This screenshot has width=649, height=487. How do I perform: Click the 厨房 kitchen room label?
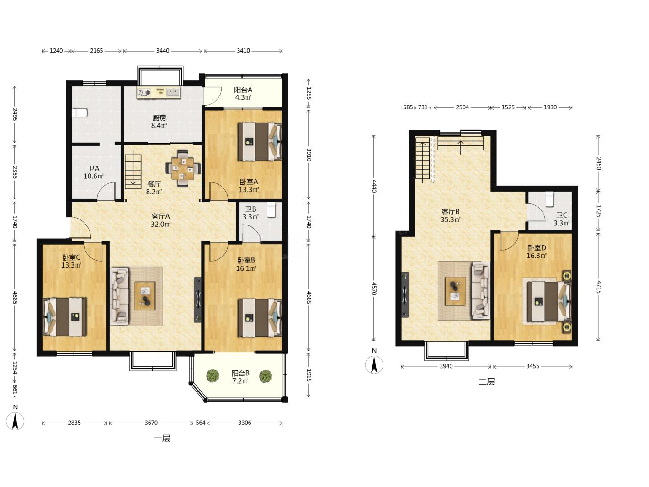pyautogui.click(x=159, y=118)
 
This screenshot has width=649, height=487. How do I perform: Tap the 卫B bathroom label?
pyautogui.click(x=250, y=209)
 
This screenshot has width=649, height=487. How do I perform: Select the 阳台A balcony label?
pyautogui.click(x=243, y=90)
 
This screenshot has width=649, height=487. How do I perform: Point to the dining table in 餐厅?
pyautogui.click(x=183, y=169)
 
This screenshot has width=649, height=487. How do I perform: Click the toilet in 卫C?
pyautogui.click(x=549, y=199)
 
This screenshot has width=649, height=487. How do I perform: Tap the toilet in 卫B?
pyautogui.click(x=271, y=209)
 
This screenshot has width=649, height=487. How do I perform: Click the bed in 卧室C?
pyautogui.click(x=65, y=317)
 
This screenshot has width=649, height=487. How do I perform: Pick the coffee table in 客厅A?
pyautogui.click(x=145, y=296)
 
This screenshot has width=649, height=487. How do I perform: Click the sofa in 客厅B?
pyautogui.click(x=481, y=290)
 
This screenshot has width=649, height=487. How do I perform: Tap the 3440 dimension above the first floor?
pyautogui.click(x=163, y=51)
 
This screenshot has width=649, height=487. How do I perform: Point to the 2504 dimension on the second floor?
pyautogui.click(x=462, y=107)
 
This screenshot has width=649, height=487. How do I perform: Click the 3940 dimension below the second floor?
pyautogui.click(x=446, y=366)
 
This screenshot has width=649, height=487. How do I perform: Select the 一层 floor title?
pyautogui.click(x=162, y=438)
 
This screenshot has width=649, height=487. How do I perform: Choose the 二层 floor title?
pyautogui.click(x=487, y=382)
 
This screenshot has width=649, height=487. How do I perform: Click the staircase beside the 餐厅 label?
pyautogui.click(x=133, y=170)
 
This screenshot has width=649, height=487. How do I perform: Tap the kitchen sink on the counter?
pyautogui.click(x=174, y=92)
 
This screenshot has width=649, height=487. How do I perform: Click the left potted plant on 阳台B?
pyautogui.click(x=213, y=376)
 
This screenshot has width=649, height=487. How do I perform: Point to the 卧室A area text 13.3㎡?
pyautogui.click(x=249, y=189)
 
